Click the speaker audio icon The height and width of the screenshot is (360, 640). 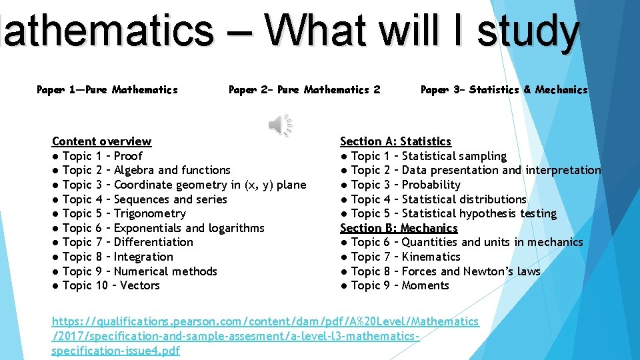pyautogui.click(x=280, y=125)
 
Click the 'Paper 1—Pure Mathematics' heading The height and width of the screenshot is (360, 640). pyautogui.click(x=107, y=89)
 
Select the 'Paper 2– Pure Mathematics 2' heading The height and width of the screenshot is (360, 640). pyautogui.click(x=305, y=89)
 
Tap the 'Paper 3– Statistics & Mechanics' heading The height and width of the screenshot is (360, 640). pyautogui.click(x=504, y=89)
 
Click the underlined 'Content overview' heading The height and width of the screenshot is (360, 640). pyautogui.click(x=101, y=141)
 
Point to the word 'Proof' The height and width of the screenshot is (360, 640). pyautogui.click(x=128, y=156)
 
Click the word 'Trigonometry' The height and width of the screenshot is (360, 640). pyautogui.click(x=150, y=213)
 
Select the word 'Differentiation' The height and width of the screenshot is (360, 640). pyautogui.click(x=154, y=242)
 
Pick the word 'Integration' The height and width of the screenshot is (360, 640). pyautogui.click(x=143, y=257)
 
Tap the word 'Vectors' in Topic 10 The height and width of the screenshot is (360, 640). pyautogui.click(x=140, y=285)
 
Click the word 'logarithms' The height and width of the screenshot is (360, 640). pyautogui.click(x=236, y=228)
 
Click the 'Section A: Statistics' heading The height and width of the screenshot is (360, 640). pyautogui.click(x=395, y=141)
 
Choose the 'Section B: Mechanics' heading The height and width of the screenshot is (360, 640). pyautogui.click(x=399, y=228)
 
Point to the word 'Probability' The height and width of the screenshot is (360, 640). pyautogui.click(x=431, y=185)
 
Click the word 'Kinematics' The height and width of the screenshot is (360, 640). pyautogui.click(x=431, y=257)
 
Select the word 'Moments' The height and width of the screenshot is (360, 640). pyautogui.click(x=426, y=285)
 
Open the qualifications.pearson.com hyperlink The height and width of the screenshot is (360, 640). pyautogui.click(x=265, y=322)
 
